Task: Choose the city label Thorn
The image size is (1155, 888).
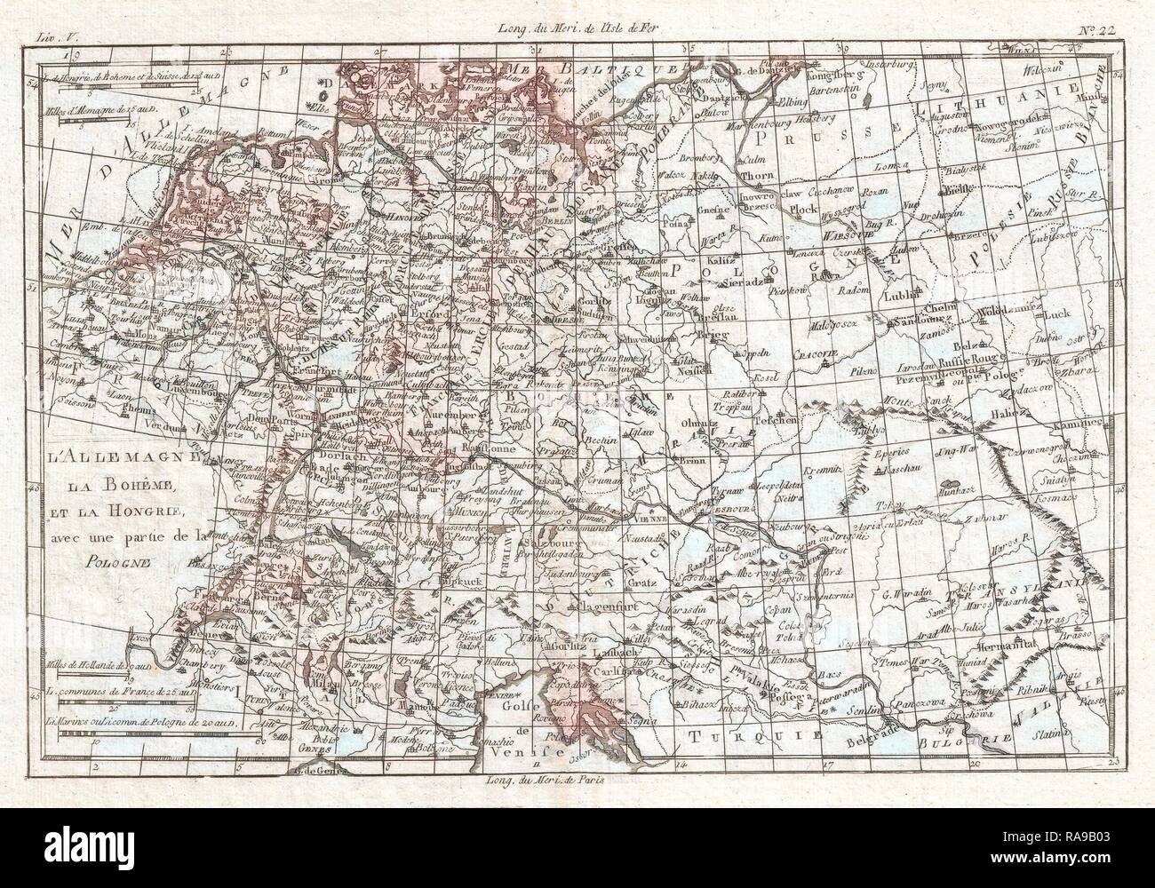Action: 753,176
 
